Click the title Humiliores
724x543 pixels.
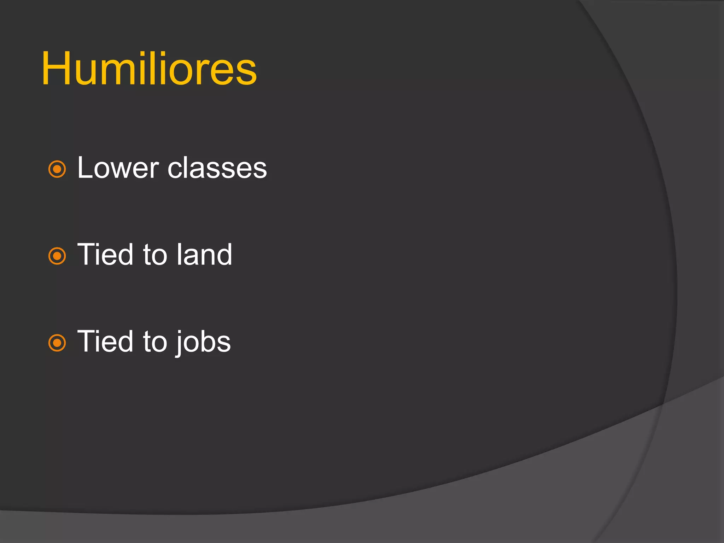click(x=149, y=69)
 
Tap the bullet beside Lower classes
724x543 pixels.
click(x=57, y=169)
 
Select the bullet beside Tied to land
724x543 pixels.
click(x=57, y=256)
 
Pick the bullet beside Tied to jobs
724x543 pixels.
click(x=57, y=343)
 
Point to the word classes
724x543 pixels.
click(x=217, y=169)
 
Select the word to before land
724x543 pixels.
click(x=155, y=255)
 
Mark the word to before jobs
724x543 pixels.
click(x=155, y=342)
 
